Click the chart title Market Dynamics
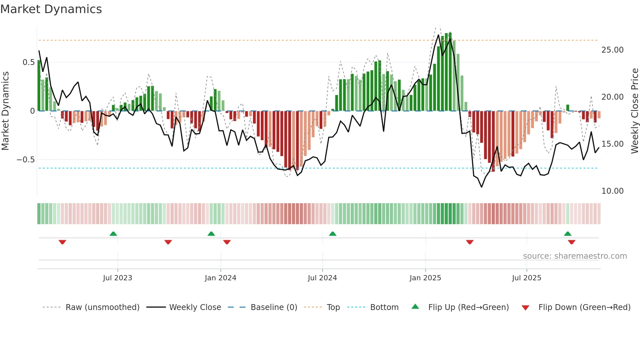pos(51,9)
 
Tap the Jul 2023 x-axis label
pos(118,278)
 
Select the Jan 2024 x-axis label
pos(220,278)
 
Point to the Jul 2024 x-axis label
pos(322,278)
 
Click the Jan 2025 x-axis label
pos(425,278)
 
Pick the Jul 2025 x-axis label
pos(526,278)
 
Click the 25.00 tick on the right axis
pos(612,50)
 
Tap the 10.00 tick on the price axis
pos(612,191)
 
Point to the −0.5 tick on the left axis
pos(25,160)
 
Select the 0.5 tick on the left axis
pos(28,62)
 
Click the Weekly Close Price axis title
pos(634,111)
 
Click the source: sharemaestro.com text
pos(575,256)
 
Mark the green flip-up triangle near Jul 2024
pos(332,234)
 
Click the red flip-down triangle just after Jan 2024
pos(227,242)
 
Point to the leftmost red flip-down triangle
pos(62,242)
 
